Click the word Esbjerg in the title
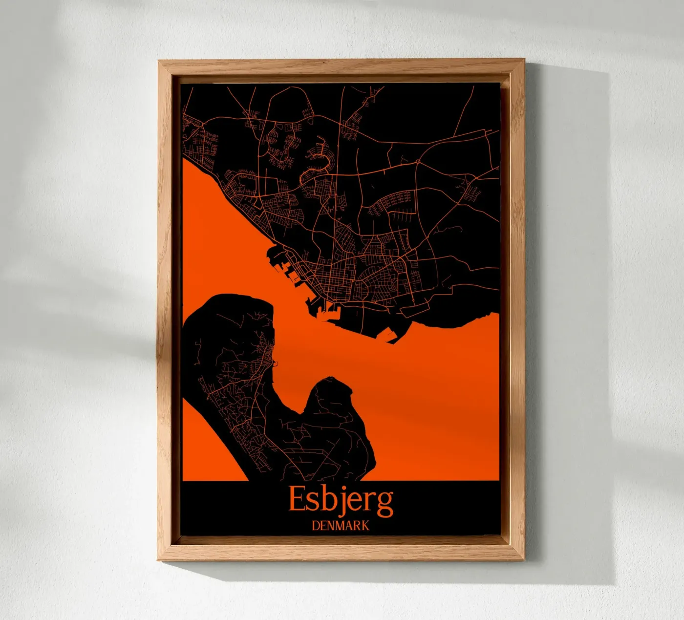pos(341,499)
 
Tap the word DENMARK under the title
pos(341,526)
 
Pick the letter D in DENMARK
pos(316,526)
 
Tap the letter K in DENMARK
pos(365,526)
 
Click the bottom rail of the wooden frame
pos(341,551)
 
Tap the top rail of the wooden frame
pos(341,67)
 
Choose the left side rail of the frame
pos(167,313)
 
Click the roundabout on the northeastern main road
pos(418,161)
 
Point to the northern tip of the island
pos(230,295)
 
